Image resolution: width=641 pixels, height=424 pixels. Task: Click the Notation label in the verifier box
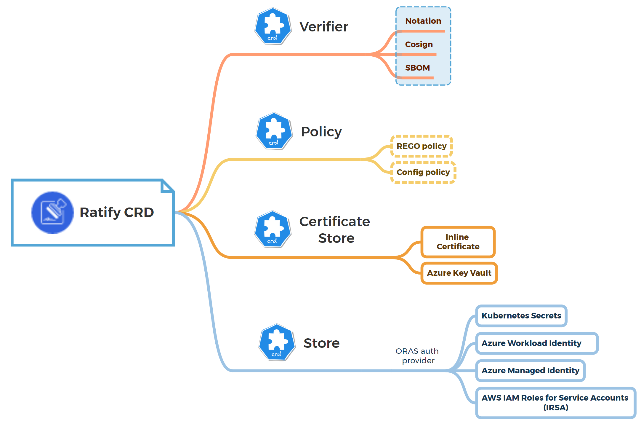(423, 21)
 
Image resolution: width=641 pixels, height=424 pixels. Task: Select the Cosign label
(419, 44)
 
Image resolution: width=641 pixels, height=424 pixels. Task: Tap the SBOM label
(417, 68)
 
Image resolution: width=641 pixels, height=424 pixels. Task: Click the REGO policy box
(422, 146)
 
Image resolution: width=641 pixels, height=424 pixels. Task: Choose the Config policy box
(423, 172)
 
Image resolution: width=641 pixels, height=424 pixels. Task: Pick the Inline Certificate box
(458, 242)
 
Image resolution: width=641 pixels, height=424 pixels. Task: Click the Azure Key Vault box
(459, 273)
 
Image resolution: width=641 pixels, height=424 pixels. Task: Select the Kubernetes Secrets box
(521, 316)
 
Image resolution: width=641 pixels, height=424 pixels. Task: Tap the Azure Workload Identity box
(536, 343)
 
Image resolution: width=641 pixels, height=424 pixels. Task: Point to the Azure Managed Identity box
(530, 371)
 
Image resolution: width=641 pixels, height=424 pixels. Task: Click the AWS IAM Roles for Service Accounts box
(555, 403)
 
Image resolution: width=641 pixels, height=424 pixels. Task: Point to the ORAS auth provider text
(417, 356)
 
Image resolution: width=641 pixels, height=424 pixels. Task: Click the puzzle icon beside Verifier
(273, 26)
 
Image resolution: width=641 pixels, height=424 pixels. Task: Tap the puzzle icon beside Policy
(274, 131)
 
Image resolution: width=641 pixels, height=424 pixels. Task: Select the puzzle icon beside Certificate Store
(273, 229)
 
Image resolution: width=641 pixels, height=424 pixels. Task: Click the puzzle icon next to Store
(277, 342)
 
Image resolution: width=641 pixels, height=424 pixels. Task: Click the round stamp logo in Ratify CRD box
(52, 213)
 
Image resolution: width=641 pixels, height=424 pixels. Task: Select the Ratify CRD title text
(117, 213)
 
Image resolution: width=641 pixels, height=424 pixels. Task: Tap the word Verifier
(324, 27)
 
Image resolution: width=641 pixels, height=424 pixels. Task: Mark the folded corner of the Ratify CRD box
(167, 187)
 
